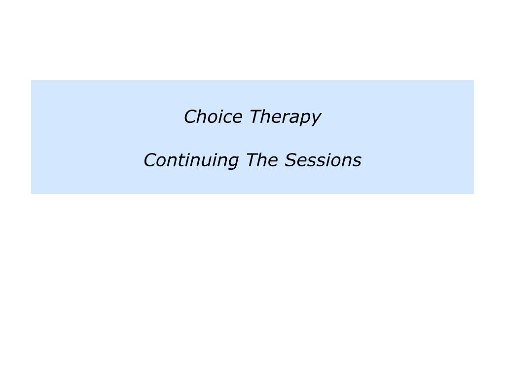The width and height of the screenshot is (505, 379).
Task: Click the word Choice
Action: pyautogui.click(x=213, y=117)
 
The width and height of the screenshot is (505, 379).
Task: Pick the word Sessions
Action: pyautogui.click(x=323, y=160)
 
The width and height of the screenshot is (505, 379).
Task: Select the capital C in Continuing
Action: pyautogui.click(x=150, y=160)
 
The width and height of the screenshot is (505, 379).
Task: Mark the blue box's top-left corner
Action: pyautogui.click(x=31, y=80)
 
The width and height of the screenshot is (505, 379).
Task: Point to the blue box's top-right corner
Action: pyautogui.click(x=473, y=80)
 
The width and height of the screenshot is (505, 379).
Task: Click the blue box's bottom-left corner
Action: pyautogui.click(x=31, y=193)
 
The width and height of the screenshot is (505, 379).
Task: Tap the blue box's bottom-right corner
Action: pyautogui.click(x=473, y=193)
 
